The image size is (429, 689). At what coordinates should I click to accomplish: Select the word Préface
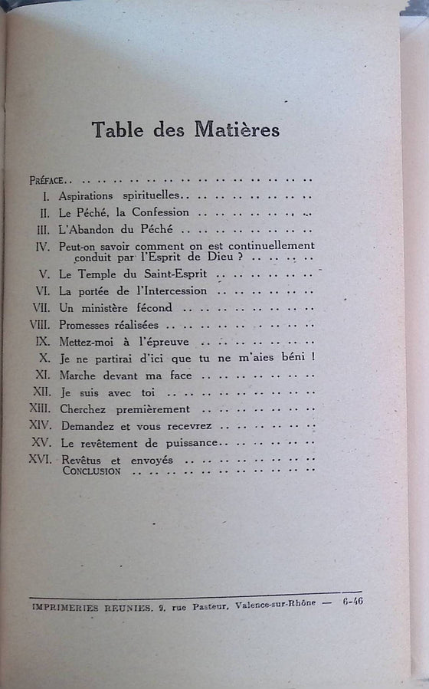coord(47,181)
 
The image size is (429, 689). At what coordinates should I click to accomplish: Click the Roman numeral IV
coord(43,246)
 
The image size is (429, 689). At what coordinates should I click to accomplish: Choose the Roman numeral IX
coord(44,341)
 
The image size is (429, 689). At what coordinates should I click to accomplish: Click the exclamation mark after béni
coord(314,358)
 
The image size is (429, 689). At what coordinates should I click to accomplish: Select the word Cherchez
coord(82,408)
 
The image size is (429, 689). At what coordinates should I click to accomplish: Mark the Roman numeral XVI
coord(40,460)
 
